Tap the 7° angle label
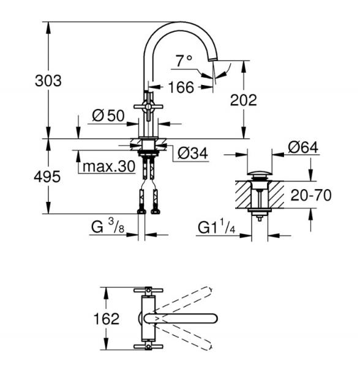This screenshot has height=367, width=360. click(184, 61)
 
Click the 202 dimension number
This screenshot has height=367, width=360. click(243, 100)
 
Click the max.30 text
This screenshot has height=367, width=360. click(108, 166)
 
